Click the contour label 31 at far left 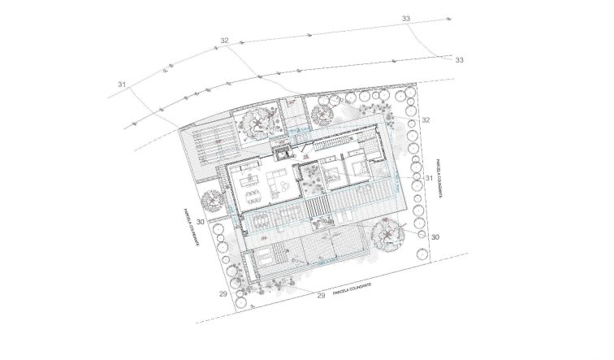122,84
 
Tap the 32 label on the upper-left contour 225,41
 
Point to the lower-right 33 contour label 459,59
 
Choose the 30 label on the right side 435,236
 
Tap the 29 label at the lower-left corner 223,293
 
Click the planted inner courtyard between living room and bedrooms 311,181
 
